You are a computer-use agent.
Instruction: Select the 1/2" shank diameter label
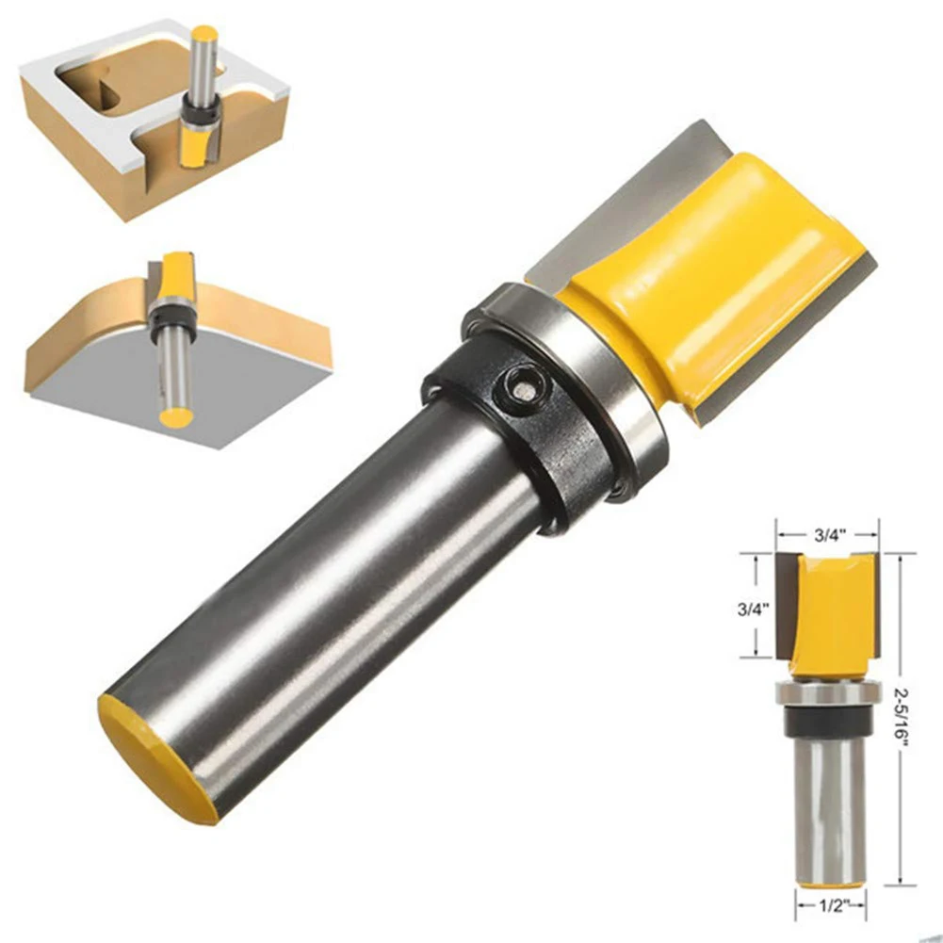coord(833,905)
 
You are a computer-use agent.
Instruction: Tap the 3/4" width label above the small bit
coord(831,535)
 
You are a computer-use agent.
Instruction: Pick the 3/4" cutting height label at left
coord(754,609)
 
